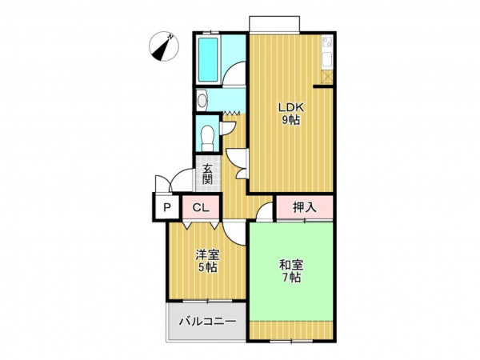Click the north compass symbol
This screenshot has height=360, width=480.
[x=164, y=46]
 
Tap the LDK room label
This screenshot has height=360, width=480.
[x=291, y=107]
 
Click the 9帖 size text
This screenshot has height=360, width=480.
[x=290, y=120]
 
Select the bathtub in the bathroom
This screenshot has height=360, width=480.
[x=208, y=59]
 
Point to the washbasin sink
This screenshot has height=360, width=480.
[x=202, y=100]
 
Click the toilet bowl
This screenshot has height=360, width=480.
[x=208, y=138]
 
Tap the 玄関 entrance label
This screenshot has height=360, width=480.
[x=207, y=174]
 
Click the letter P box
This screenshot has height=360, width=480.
[x=166, y=208]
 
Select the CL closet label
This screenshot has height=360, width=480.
[x=201, y=208]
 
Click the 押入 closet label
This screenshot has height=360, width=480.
[x=304, y=207]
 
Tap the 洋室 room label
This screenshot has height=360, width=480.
[x=207, y=254]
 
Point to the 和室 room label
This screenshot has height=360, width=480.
[x=291, y=265]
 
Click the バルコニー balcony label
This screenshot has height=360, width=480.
[x=207, y=322]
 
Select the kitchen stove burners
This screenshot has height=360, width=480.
[x=327, y=42]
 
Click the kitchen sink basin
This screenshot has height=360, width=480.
[x=327, y=58]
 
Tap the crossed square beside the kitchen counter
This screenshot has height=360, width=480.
[x=327, y=76]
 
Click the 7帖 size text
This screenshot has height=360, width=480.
[x=291, y=278]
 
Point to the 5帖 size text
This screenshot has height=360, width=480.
[x=207, y=267]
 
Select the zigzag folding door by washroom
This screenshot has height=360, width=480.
[x=232, y=114]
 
